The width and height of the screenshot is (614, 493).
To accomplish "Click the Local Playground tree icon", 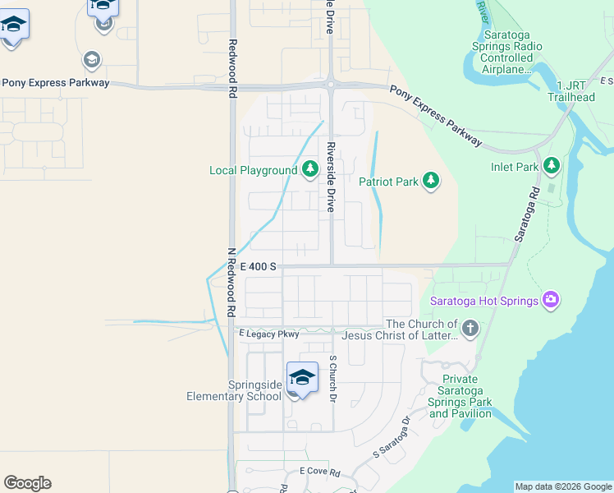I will [309, 169].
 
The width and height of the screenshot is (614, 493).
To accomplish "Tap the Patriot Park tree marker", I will [431, 180].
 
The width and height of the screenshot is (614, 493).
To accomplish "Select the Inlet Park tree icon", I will [552, 166].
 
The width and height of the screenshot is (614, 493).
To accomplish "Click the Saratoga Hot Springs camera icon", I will [552, 300].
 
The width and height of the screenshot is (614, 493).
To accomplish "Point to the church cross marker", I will [470, 329].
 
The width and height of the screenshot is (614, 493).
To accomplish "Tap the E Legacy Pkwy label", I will [268, 334].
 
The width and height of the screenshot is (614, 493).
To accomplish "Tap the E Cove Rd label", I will [319, 472].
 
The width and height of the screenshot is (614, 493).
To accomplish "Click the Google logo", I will [27, 483].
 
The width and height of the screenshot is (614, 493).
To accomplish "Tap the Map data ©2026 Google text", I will [563, 487].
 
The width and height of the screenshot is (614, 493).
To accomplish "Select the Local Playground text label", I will [253, 171].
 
